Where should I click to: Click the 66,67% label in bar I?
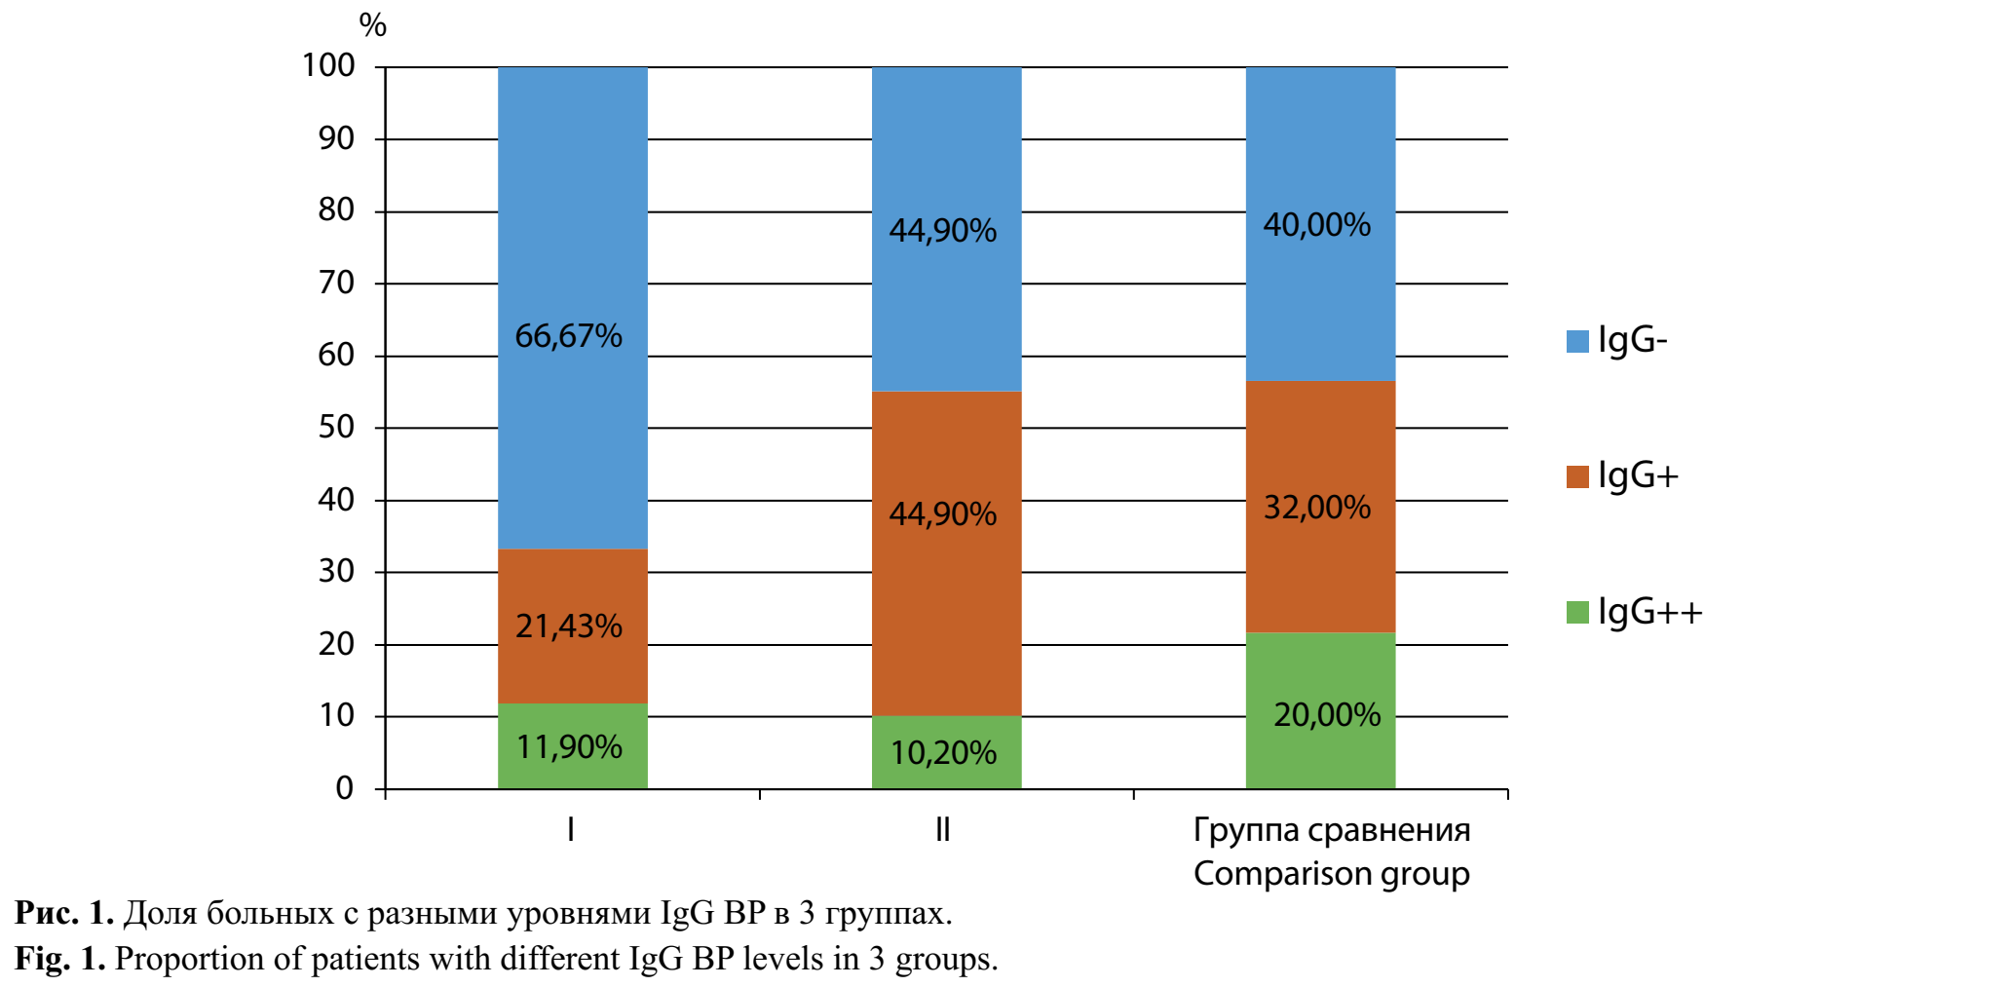pyautogui.click(x=568, y=336)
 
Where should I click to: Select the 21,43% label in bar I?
pyautogui.click(x=568, y=626)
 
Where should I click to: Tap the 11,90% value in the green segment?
pyautogui.click(x=569, y=747)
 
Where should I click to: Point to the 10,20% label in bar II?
pyautogui.click(x=943, y=753)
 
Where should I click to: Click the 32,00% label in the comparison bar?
pyautogui.click(x=1316, y=508)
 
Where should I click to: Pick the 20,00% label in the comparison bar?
pyautogui.click(x=1327, y=715)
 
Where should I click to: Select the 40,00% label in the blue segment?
pyautogui.click(x=1316, y=225)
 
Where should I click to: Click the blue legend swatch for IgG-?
pyautogui.click(x=1577, y=341)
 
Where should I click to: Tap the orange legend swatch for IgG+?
pyautogui.click(x=1577, y=476)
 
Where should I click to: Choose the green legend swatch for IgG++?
pyautogui.click(x=1577, y=613)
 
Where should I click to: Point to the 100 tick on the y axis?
pyautogui.click(x=328, y=66)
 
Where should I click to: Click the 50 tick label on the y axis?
pyautogui.click(x=336, y=427)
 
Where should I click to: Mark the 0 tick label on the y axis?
pyautogui.click(x=344, y=788)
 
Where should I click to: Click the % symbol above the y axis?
pyautogui.click(x=373, y=25)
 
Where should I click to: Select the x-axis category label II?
pyautogui.click(x=942, y=830)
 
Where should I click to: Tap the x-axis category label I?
pyautogui.click(x=570, y=830)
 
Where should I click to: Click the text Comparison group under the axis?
pyautogui.click(x=1331, y=874)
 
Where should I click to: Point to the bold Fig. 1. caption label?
pyautogui.click(x=59, y=960)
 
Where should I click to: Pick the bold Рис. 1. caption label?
pyautogui.click(x=64, y=914)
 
